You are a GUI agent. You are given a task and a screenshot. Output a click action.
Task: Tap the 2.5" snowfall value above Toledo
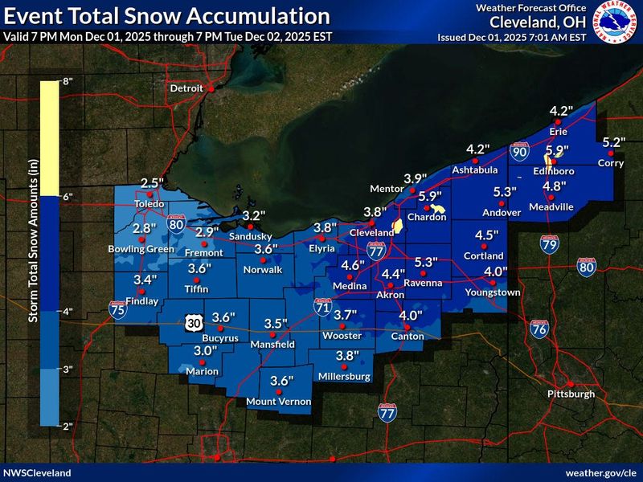(x=152, y=184)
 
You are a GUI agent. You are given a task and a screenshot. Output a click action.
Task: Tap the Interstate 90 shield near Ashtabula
(x=519, y=150)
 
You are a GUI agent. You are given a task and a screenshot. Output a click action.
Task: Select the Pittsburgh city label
(x=571, y=394)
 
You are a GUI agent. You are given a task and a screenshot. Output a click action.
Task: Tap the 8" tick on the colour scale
(x=68, y=81)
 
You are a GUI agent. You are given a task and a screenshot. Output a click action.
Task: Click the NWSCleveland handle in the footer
(x=37, y=473)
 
